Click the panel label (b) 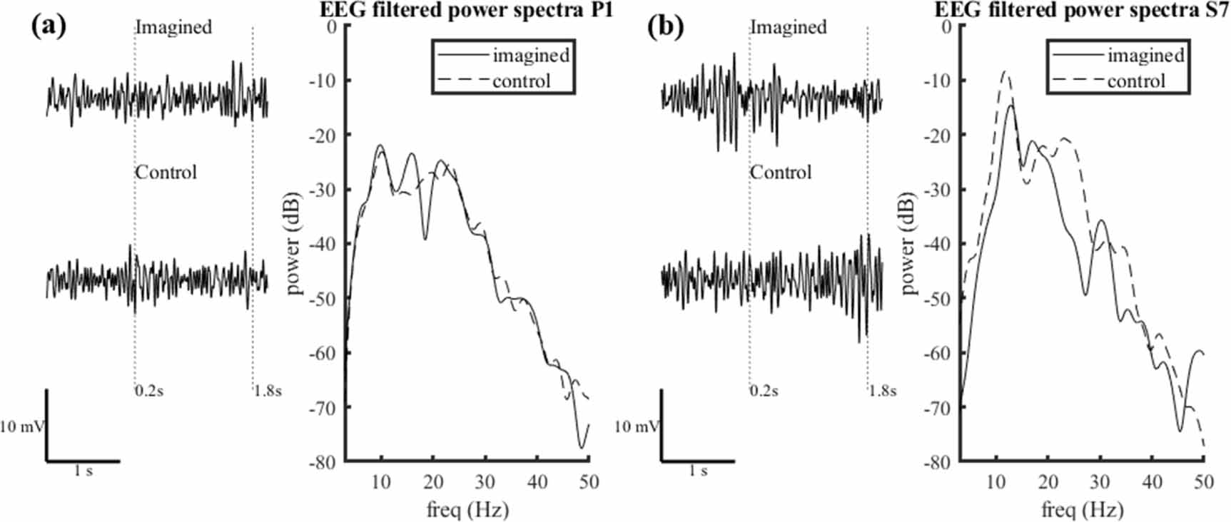click(x=665, y=26)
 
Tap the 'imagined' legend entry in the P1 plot click(x=530, y=56)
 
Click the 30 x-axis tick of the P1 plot click(x=485, y=482)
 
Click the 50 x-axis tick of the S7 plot click(x=1204, y=482)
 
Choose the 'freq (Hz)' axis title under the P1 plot click(x=467, y=509)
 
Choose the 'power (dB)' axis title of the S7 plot click(x=908, y=244)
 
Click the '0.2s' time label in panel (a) click(x=149, y=391)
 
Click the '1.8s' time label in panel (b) click(x=883, y=391)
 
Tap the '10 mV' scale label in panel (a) click(x=21, y=427)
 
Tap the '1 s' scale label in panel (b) click(x=698, y=471)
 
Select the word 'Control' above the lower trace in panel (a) click(x=166, y=173)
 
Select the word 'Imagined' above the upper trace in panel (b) click(x=788, y=27)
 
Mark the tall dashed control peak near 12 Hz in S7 click(x=1005, y=71)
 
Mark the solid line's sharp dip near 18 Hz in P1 click(x=425, y=239)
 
